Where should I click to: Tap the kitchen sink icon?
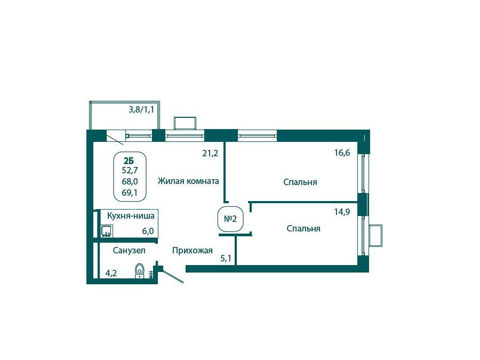pos(107,231)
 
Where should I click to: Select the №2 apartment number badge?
pos(230,219)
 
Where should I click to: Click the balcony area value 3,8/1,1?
pos(141,109)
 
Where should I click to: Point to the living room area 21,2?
pos(210,153)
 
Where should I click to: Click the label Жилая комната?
pos(188,181)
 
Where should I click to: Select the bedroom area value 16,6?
pos(342,153)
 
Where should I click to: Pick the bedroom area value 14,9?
pos(342,212)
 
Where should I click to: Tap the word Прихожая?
pos(192,251)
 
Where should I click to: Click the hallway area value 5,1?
pos(226,259)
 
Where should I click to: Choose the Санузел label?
pos(129,251)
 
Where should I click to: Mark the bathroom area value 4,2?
pos(111,273)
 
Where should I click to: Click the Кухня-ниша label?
pos(131,216)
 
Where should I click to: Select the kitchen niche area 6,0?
pos(148,231)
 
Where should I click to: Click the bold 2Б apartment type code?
pos(129,161)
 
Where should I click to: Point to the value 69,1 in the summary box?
pos(130,193)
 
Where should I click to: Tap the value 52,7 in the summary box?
pos(130,170)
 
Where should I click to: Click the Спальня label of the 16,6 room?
pos(300,182)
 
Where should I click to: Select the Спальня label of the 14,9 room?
pos(303,229)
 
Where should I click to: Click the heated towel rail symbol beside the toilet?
pos(151,274)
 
